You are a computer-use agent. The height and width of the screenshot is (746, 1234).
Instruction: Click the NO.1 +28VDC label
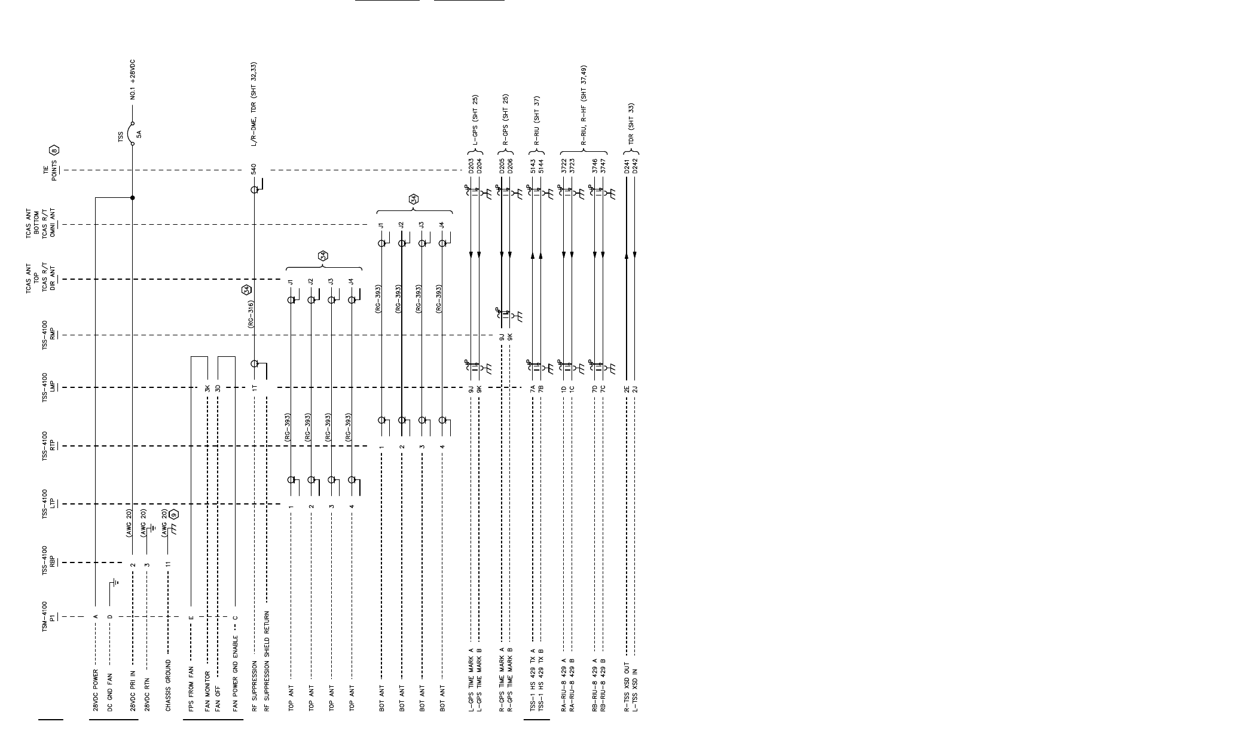pos(133,80)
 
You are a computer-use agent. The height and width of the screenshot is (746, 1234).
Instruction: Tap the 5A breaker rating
pos(139,134)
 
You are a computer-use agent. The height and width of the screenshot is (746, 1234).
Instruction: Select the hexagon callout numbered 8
pos(54,150)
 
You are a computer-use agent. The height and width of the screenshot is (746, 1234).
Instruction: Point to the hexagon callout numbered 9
pos(174,514)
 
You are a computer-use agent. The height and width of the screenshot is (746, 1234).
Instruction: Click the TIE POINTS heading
pos(50,170)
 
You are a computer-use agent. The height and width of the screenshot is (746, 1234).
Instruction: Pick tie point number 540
pos(254,169)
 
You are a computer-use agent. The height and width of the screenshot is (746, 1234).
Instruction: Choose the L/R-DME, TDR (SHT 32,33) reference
pos(254,105)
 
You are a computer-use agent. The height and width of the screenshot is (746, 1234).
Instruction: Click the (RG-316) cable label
pos(251,314)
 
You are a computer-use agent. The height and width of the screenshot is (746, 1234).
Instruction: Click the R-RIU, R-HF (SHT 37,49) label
pos(584,106)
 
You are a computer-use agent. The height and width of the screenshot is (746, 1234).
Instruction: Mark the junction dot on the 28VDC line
pos(133,197)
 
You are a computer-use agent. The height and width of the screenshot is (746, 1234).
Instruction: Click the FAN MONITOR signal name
pos(207,689)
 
